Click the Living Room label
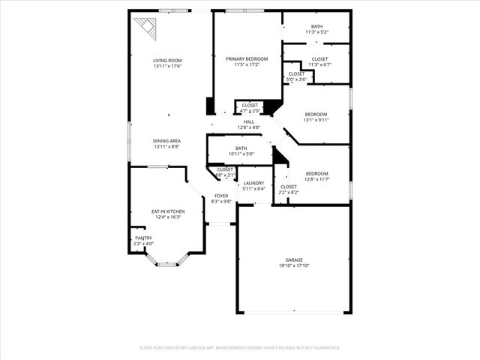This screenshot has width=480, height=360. coord(167,60)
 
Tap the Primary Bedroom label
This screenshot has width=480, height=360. coord(247,58)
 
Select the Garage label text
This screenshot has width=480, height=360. coord(293,259)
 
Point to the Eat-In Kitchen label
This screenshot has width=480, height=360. coord(168,211)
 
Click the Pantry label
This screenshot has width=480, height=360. coord(143,238)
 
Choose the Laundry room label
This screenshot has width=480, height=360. coord(253,183)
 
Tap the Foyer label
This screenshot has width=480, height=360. coord(220,196)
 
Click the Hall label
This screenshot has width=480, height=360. coord(249,121)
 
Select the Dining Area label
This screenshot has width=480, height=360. coord(167,141)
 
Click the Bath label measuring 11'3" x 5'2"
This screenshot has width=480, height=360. coord(317,26)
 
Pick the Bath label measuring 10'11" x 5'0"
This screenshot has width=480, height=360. coord(241,148)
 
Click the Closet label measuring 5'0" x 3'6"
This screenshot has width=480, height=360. coord(296,73)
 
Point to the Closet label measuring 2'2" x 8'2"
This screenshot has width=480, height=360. coord(289,187)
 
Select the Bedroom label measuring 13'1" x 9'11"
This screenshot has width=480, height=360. coord(316,114)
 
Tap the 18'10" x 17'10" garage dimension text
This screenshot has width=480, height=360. coord(293,265)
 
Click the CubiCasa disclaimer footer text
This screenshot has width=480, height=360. coord(240,347)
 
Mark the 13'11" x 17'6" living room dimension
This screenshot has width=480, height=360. coord(167,66)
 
